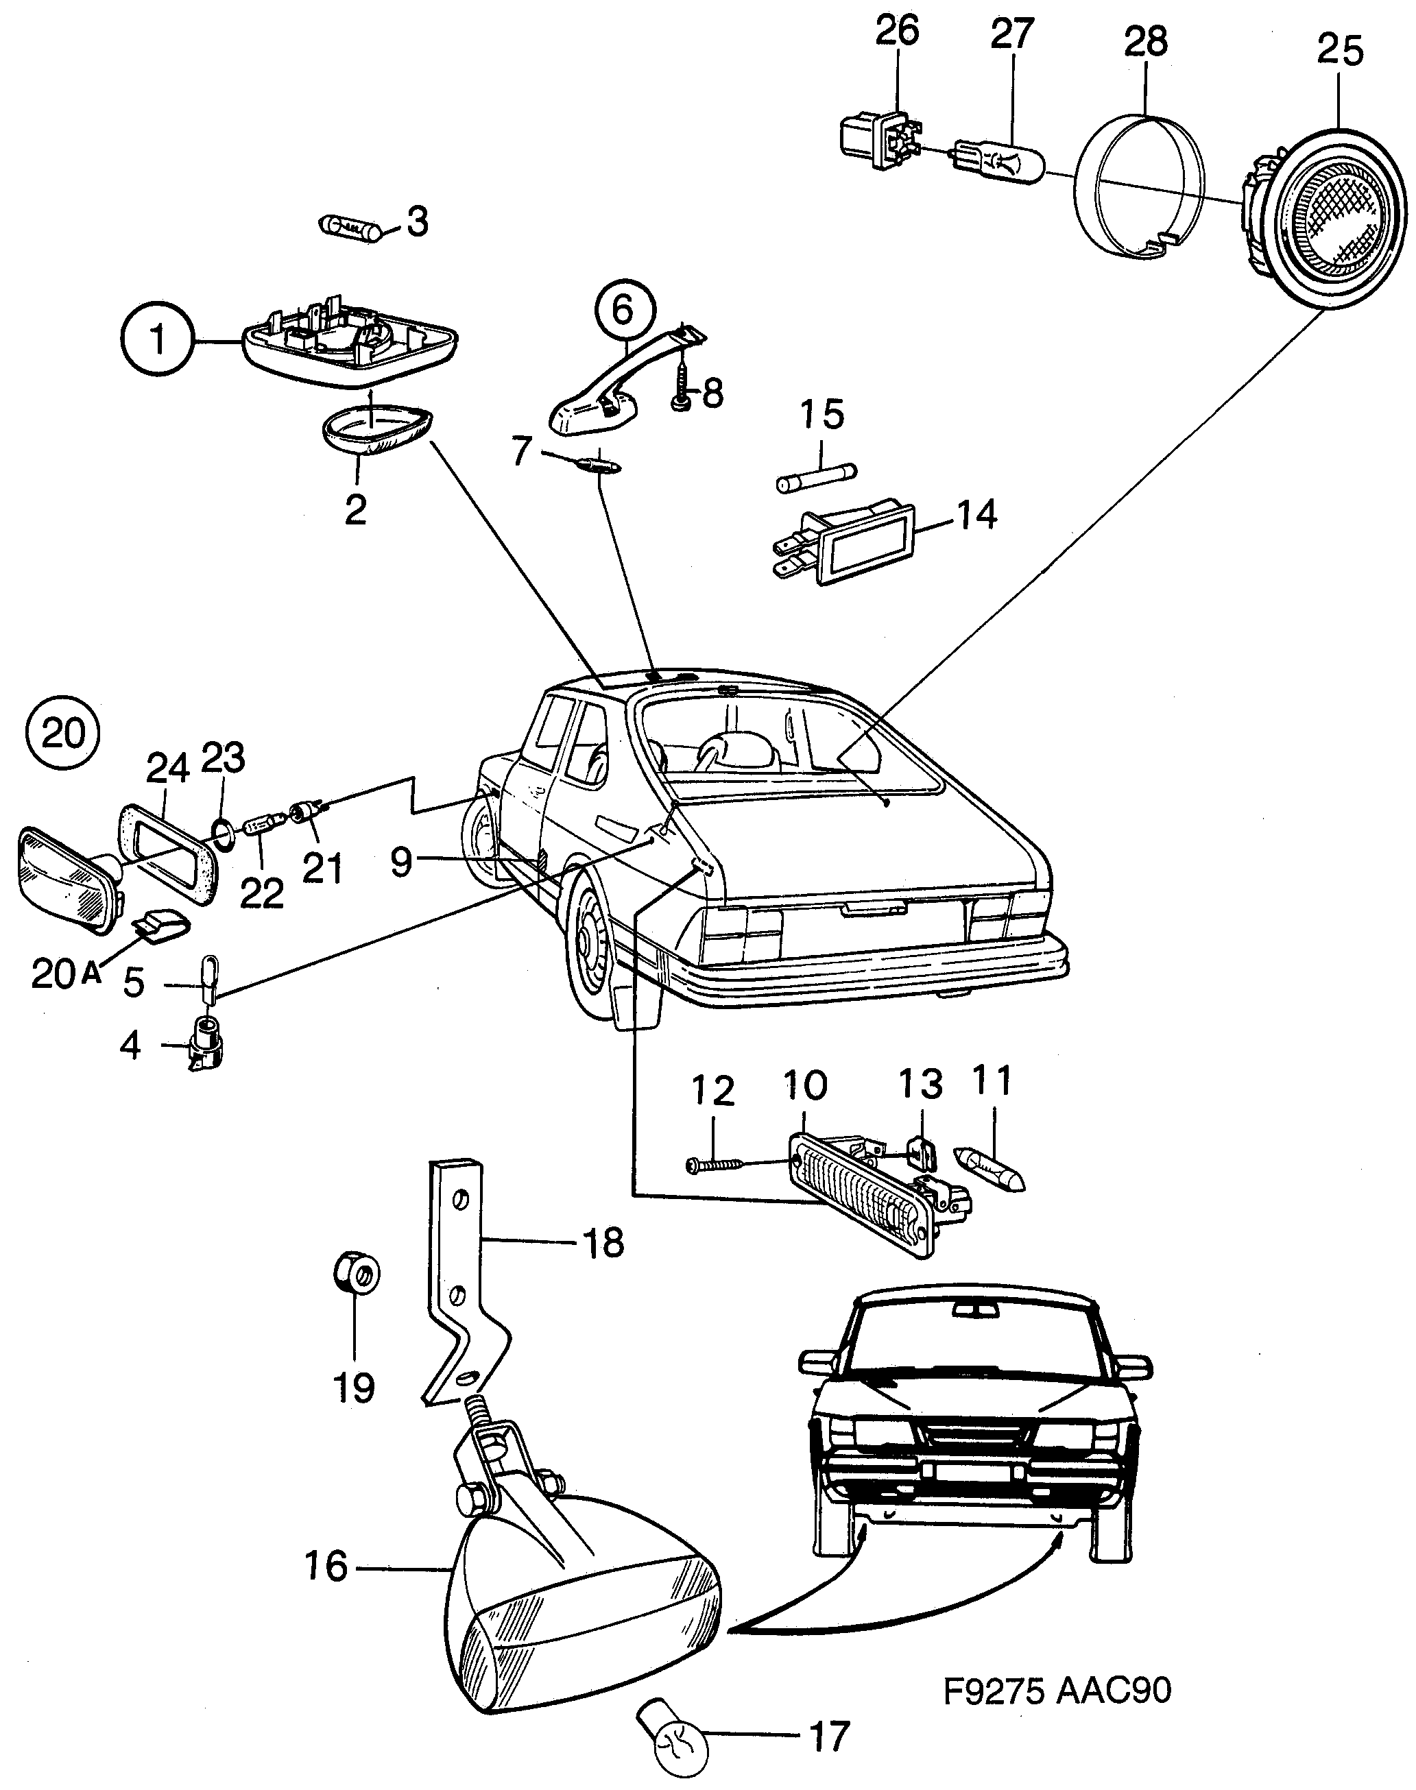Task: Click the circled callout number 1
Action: [157, 340]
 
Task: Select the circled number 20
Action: [64, 733]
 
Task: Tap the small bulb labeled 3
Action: [350, 226]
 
